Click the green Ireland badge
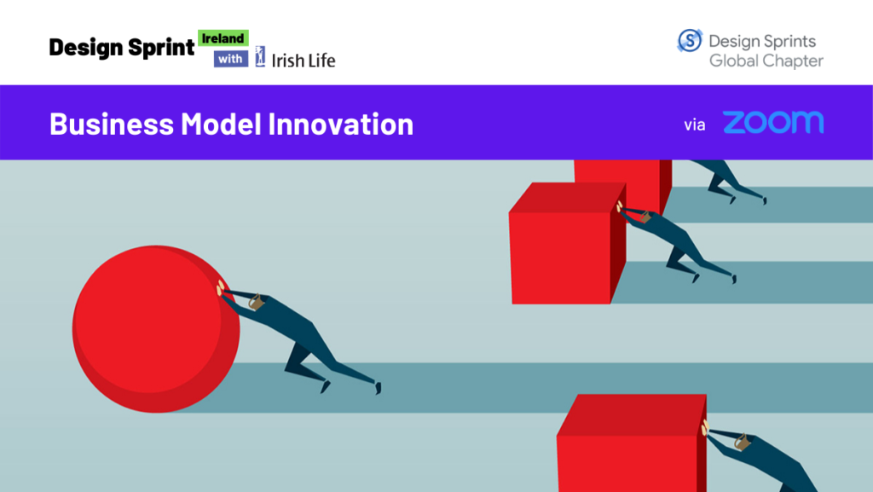tap(223, 38)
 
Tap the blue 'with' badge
tap(231, 59)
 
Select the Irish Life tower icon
tap(260, 56)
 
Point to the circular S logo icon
tap(690, 41)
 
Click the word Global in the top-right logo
tap(734, 61)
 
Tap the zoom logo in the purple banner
tap(773, 123)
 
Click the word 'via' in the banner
tap(695, 124)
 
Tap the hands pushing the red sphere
tap(223, 288)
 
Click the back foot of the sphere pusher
tap(376, 387)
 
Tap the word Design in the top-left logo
tap(85, 48)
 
